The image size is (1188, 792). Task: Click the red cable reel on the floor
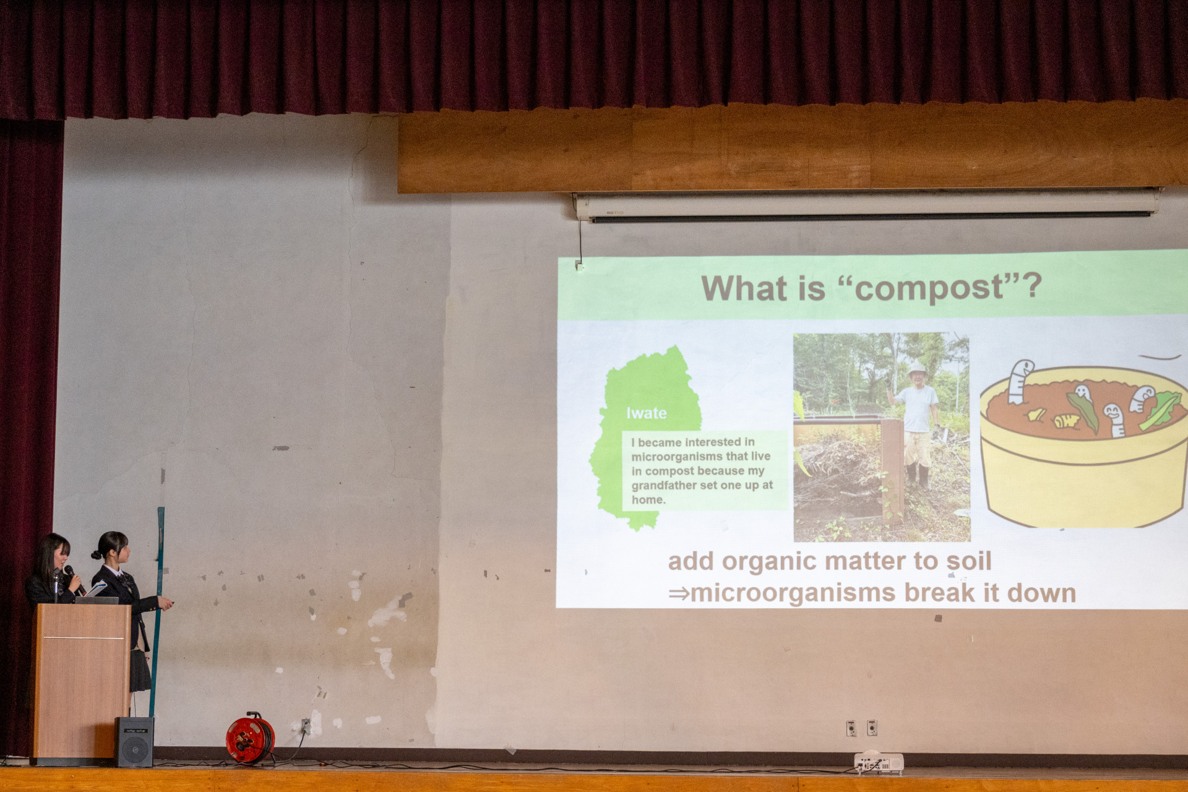[250, 738]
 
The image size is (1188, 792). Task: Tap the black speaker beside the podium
[134, 742]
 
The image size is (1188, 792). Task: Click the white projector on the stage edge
[879, 763]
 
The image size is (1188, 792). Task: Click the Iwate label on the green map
[646, 413]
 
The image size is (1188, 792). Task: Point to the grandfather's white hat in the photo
[917, 369]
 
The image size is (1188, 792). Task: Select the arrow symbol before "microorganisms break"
[679, 594]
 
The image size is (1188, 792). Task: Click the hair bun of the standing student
[96, 554]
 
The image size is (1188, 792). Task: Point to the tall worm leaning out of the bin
[1018, 381]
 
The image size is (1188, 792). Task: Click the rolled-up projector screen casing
[866, 205]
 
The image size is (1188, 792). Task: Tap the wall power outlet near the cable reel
[306, 726]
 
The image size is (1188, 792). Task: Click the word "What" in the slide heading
[737, 288]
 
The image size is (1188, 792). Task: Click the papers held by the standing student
[96, 588]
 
